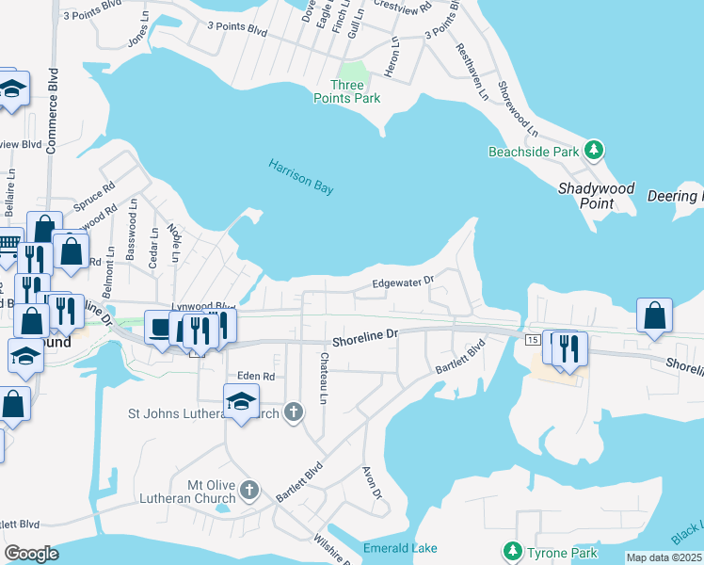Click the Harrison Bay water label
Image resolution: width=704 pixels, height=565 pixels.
click(301, 176)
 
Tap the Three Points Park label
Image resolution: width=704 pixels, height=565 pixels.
click(347, 91)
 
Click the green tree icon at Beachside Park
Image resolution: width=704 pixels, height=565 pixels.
click(594, 150)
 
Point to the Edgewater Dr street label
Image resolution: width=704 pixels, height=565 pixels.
click(402, 281)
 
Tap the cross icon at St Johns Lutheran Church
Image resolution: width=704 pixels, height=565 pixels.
click(295, 412)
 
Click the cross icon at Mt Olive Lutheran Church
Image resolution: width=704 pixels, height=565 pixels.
click(249, 490)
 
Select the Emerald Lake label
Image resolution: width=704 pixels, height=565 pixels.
click(400, 548)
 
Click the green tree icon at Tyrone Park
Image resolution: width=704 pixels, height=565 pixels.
click(513, 551)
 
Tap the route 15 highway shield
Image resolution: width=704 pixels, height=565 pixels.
click(532, 339)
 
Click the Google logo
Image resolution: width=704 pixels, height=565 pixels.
click(31, 554)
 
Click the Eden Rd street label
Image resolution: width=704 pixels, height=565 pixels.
click(255, 376)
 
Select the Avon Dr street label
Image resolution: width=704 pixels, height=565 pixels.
click(373, 481)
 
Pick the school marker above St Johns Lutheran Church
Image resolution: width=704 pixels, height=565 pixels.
click(242, 401)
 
